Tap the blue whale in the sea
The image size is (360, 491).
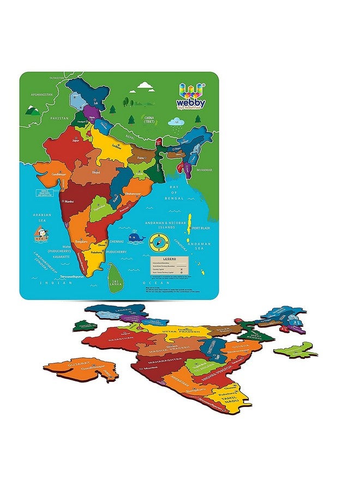[135, 238]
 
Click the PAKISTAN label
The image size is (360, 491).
[59, 118]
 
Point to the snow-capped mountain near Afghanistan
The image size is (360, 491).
[33, 110]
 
